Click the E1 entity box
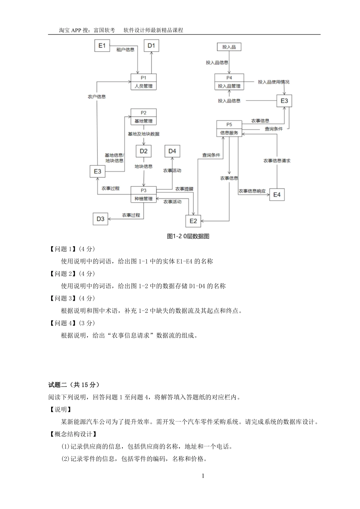click(x=102, y=45)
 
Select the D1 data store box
click(x=151, y=46)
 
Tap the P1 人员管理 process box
click(x=143, y=82)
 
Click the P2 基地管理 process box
click(x=143, y=117)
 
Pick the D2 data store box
click(x=143, y=151)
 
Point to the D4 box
click(x=172, y=151)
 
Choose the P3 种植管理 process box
click(x=143, y=194)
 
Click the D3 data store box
click(x=100, y=219)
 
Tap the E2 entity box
click(x=193, y=221)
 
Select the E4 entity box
click(x=277, y=195)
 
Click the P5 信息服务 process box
click(x=229, y=129)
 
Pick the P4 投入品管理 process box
click(x=229, y=82)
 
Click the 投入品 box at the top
click(x=229, y=47)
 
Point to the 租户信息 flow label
click(x=125, y=50)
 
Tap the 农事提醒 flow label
click(x=184, y=189)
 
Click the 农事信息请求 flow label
click(x=277, y=161)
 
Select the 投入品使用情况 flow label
click(x=274, y=82)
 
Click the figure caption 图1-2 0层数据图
click(x=188, y=236)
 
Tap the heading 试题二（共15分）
click(x=74, y=385)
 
